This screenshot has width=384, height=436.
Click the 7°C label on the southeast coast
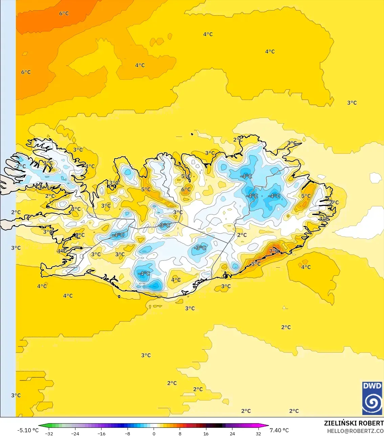pos(274,251)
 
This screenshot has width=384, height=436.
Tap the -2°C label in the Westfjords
pos(20,166)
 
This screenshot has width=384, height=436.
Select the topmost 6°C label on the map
pos(64,13)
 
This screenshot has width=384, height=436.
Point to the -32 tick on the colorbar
pos(49,433)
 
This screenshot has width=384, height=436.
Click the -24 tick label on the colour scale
pos(75,433)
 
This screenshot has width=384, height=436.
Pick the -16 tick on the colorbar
pos(101,433)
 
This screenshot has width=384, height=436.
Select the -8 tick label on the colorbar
pos(127,433)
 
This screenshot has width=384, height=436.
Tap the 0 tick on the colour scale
pos(154,433)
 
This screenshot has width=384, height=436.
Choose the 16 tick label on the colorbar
pos(206,433)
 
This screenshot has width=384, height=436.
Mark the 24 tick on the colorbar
pos(232,433)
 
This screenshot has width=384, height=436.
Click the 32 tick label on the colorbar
pos(258,433)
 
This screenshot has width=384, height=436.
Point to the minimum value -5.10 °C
pos(28,430)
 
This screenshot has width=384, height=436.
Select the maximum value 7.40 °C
pos(279,430)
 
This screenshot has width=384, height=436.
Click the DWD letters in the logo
pos(372,386)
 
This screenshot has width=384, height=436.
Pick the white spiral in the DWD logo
pos(372,402)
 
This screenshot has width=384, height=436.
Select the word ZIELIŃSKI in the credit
pos(340,423)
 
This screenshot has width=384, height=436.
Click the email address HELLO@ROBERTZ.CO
pos(355,431)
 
